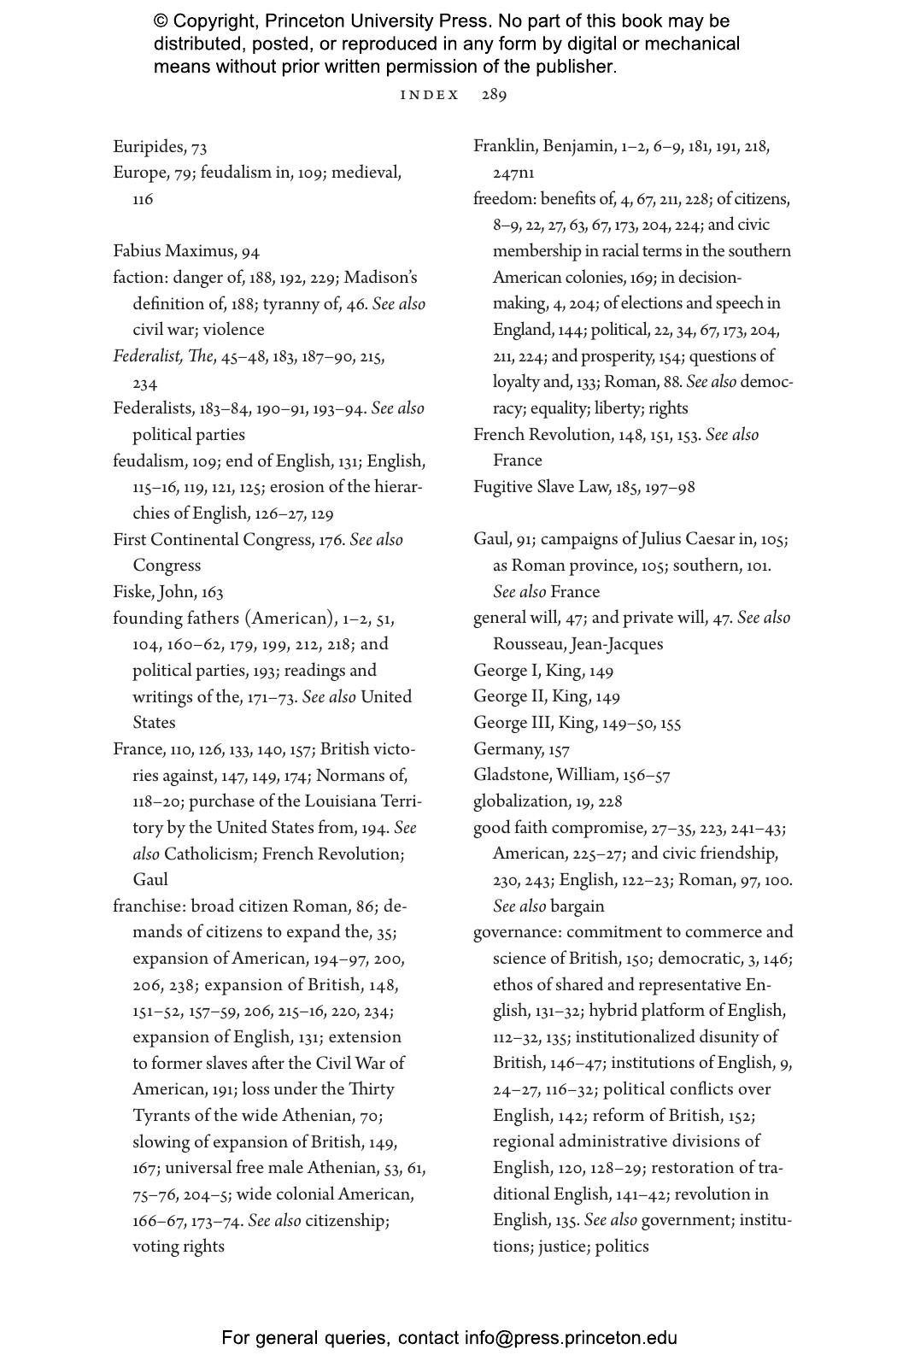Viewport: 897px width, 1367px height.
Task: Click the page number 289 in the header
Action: (494, 95)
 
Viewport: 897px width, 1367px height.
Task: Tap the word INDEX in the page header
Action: (430, 95)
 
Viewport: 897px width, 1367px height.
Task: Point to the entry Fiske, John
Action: (155, 592)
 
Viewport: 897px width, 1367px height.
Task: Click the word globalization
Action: (521, 801)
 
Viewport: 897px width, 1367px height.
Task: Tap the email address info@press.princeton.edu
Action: (571, 1338)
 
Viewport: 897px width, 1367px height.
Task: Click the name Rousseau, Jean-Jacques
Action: (577, 644)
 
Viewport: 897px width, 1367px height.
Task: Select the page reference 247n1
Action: (513, 173)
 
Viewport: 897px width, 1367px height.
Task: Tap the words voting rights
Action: (179, 1247)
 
